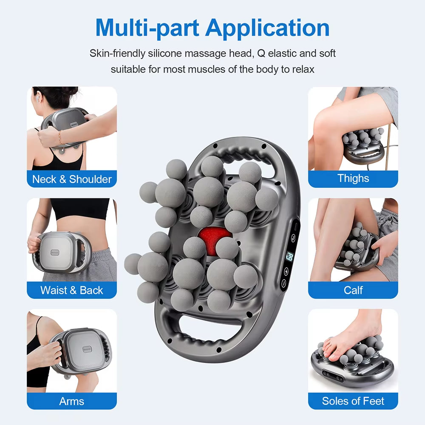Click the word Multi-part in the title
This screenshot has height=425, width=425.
147,28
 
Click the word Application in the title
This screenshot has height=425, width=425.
267,28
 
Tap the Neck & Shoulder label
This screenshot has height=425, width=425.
72,179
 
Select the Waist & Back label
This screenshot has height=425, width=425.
72,290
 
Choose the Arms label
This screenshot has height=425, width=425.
72,401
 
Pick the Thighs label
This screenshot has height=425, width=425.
353,178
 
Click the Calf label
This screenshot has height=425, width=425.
353,290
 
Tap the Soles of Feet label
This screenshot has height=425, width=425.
353,401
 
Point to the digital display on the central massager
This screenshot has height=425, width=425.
289,257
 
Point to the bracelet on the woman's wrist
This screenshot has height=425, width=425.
60,137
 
